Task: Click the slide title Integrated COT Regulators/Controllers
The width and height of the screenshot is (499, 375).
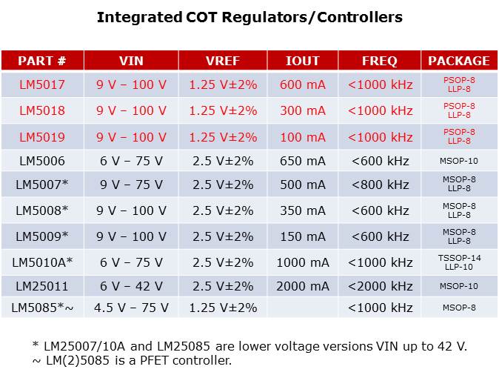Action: coord(249,17)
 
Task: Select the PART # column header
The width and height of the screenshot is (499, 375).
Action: coord(42,61)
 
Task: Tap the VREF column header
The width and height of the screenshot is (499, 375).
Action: coord(223,61)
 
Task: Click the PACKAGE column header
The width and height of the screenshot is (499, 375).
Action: coord(458,61)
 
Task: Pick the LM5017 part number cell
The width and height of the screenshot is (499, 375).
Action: coord(42,84)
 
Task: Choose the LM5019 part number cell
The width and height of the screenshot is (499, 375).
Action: coord(42,137)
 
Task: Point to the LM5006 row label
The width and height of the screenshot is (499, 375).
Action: coord(42,161)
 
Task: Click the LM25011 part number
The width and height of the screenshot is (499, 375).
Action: coord(42,286)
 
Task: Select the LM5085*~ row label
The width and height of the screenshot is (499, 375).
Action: coord(42,308)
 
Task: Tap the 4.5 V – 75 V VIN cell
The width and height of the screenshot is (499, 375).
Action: coord(131,308)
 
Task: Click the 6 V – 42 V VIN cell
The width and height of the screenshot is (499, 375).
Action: coord(131,286)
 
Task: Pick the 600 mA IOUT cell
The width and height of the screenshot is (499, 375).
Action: coord(302,84)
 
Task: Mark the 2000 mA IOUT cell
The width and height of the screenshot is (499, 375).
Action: coord(302,286)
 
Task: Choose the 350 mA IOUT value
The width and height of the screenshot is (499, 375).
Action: coord(302,210)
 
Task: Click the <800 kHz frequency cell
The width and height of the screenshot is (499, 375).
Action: coord(380,185)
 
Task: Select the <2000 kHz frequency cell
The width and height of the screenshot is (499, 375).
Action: coord(380,286)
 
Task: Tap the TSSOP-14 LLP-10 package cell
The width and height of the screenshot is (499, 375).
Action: coord(458,262)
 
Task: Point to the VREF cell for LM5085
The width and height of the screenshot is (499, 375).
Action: coord(223,308)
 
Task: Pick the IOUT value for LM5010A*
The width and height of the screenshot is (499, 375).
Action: coord(302,262)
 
